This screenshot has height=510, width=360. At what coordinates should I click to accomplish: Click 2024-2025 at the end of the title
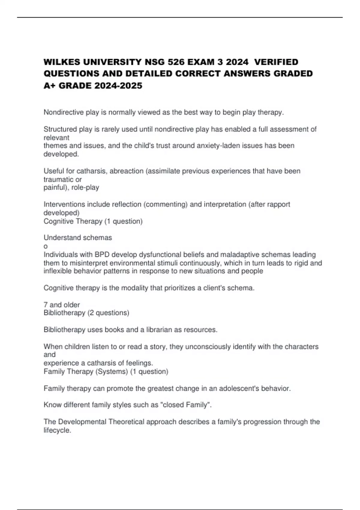click(x=118, y=86)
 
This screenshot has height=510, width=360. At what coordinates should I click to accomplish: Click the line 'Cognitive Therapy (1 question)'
click(x=93, y=221)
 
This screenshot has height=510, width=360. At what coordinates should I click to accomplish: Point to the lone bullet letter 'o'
click(x=46, y=247)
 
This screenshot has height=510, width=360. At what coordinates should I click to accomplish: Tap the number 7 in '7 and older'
click(x=46, y=305)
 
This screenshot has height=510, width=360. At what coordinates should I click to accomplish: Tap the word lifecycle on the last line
click(x=57, y=430)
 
